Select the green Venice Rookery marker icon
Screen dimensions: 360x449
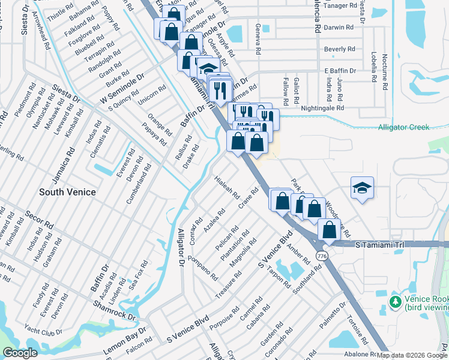395,300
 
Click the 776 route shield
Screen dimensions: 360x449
322,256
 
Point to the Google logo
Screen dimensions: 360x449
20,353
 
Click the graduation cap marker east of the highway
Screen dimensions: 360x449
363,189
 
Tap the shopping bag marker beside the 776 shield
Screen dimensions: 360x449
330,230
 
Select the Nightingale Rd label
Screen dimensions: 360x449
323,109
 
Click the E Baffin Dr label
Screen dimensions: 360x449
340,71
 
